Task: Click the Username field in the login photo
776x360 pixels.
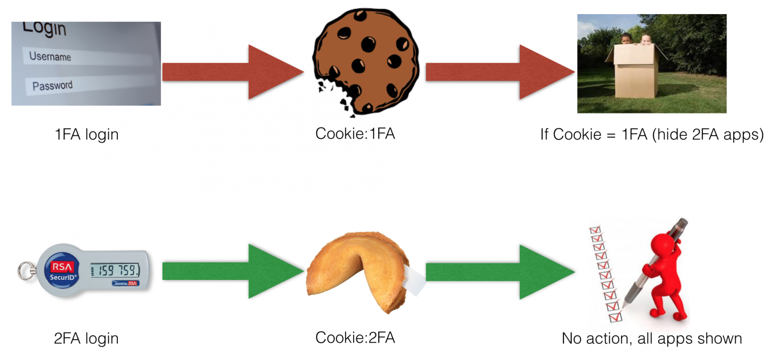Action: point(87,57)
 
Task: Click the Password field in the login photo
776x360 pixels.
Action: point(90,85)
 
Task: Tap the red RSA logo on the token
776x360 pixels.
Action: point(62,266)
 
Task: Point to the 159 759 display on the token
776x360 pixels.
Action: point(115,270)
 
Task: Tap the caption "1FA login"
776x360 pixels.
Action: point(86,134)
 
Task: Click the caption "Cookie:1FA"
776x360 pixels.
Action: point(355,133)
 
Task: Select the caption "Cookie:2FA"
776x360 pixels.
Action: point(355,338)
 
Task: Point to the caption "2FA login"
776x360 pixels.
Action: point(86,338)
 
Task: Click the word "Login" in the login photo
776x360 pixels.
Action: point(44,28)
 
